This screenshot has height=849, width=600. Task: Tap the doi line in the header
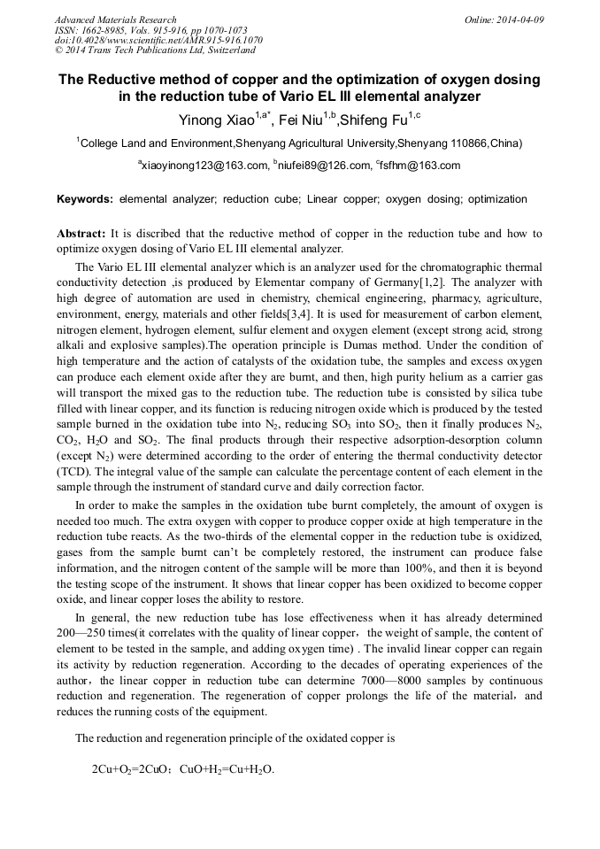[158, 40]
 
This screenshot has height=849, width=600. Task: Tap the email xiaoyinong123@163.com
[205, 166]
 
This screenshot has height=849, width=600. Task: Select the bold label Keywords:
[85, 199]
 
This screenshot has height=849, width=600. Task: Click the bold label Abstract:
[81, 234]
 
